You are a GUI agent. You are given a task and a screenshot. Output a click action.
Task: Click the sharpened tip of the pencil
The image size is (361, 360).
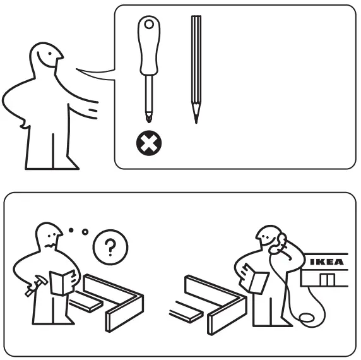point(196,119)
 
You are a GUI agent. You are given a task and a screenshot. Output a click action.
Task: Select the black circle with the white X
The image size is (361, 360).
point(149,144)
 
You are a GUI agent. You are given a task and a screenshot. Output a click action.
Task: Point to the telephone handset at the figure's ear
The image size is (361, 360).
point(279,244)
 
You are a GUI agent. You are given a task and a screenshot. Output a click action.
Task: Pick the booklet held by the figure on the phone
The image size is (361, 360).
point(257,280)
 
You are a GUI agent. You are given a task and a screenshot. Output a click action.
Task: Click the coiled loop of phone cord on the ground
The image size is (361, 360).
point(311,316)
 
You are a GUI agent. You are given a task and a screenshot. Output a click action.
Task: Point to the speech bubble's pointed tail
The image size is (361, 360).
point(95,73)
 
